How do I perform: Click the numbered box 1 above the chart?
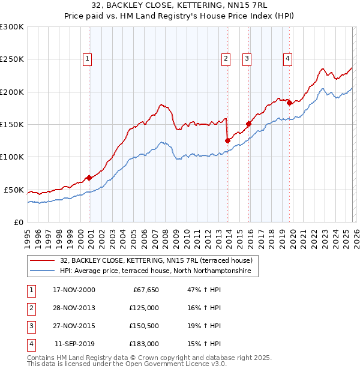88,58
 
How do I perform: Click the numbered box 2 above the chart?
226,58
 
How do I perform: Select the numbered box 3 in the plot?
247,58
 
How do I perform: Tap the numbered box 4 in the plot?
287,58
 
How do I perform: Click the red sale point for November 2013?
227,140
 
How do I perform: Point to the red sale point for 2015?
248,124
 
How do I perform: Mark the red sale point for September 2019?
289,103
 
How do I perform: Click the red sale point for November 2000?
89,178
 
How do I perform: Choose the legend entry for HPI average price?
159,272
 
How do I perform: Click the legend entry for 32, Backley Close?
159,260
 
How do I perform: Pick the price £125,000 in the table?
144,308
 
